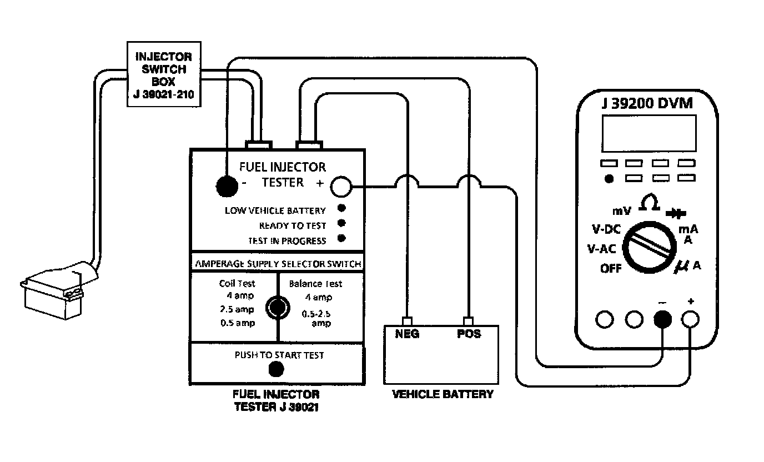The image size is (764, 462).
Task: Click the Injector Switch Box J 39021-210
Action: (x=164, y=73)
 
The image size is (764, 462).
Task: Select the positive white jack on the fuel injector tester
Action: (x=341, y=187)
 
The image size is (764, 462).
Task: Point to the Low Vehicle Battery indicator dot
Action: (x=341, y=209)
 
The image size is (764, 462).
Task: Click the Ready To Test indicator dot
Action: (x=341, y=224)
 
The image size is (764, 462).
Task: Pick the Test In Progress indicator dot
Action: (x=341, y=239)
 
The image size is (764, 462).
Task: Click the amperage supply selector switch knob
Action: (x=277, y=306)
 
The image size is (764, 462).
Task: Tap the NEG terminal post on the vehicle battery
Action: (x=408, y=322)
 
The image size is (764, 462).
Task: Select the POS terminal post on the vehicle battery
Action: (x=469, y=322)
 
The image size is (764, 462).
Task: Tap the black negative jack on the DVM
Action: (x=662, y=319)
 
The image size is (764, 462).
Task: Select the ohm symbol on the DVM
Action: (x=649, y=203)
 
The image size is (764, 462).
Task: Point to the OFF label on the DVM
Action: (x=611, y=269)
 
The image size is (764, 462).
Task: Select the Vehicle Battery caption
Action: (x=443, y=395)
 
